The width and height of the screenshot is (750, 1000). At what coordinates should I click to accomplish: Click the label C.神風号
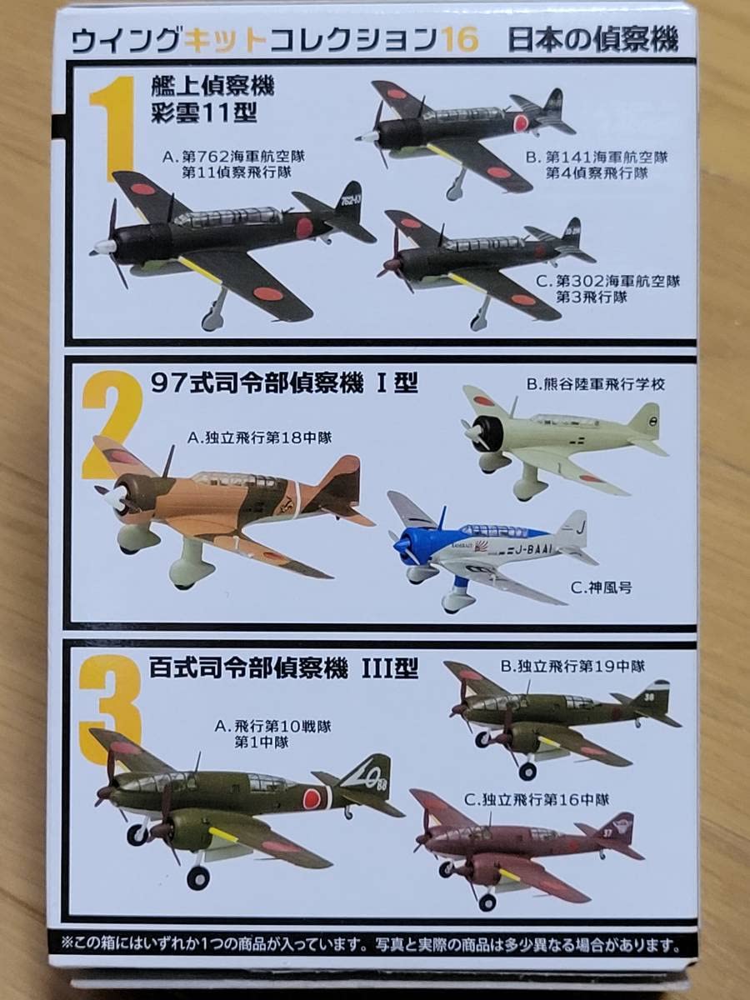click(x=601, y=588)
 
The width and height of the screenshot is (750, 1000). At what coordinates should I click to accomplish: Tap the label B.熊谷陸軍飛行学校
click(x=596, y=384)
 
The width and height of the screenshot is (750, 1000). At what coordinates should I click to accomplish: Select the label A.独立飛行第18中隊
click(x=259, y=438)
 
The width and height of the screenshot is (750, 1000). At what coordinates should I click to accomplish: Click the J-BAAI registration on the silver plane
click(x=532, y=551)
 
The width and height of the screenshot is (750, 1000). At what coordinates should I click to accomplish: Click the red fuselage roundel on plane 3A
click(x=312, y=797)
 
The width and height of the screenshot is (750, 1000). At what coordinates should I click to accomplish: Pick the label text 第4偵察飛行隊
click(x=597, y=173)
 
